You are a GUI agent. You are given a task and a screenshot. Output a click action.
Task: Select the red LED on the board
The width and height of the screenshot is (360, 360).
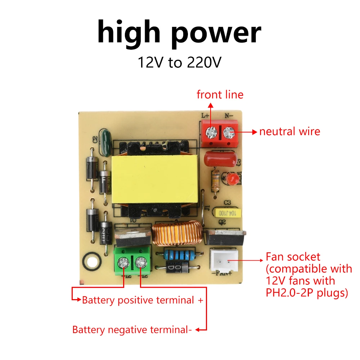coord(232,178)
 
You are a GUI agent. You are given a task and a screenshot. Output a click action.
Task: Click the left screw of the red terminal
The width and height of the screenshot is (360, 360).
coord(210,134)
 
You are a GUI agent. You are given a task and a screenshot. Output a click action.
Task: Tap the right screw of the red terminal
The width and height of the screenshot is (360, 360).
coord(228,134)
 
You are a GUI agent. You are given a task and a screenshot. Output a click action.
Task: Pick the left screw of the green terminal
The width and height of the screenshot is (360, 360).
coord(124,263)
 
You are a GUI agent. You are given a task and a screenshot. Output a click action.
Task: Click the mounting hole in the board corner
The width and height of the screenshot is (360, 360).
coord(91,260)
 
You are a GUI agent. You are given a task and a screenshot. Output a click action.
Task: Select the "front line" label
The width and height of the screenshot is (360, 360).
coord(220,95)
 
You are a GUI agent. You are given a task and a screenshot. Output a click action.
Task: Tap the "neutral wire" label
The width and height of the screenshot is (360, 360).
coord(289,131)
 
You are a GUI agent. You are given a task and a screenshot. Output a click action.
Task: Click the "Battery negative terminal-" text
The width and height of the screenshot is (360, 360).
coord(132,329)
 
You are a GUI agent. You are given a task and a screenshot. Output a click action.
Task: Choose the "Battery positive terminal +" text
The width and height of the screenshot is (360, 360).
coord(143,300)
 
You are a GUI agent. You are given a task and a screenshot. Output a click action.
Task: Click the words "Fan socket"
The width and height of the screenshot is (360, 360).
coord(293,257)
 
